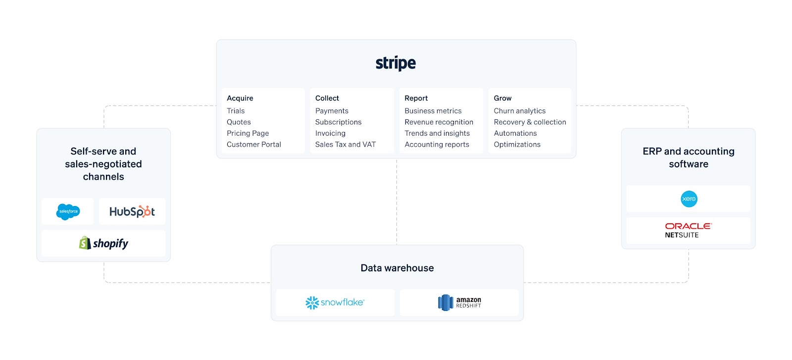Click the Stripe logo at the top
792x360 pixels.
point(396,63)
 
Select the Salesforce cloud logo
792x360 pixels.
point(68,211)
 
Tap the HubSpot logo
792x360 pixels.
point(132,211)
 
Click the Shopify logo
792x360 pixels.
point(104,243)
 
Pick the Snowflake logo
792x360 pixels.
point(335,302)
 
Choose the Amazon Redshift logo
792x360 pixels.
point(459,302)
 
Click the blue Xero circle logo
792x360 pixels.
point(689,199)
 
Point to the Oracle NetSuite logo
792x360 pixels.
point(688,230)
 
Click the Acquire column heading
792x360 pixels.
point(240,98)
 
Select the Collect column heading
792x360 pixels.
point(327,98)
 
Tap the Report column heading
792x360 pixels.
point(416,98)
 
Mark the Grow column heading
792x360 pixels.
point(502,98)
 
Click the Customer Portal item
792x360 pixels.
point(254,145)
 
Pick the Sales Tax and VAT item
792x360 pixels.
point(346,145)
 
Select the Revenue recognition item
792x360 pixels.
point(439,122)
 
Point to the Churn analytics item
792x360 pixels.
point(520,111)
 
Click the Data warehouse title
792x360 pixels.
point(397,268)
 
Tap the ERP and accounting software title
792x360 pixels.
point(689,157)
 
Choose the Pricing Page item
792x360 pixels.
point(248,133)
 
